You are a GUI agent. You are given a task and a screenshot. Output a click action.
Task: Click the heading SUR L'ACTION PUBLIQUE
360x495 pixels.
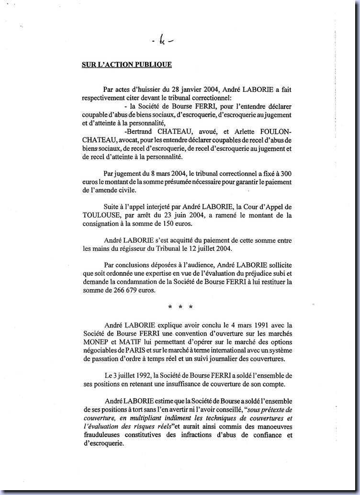tap(120, 65)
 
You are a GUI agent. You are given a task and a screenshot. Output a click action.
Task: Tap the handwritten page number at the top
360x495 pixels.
tap(163, 42)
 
